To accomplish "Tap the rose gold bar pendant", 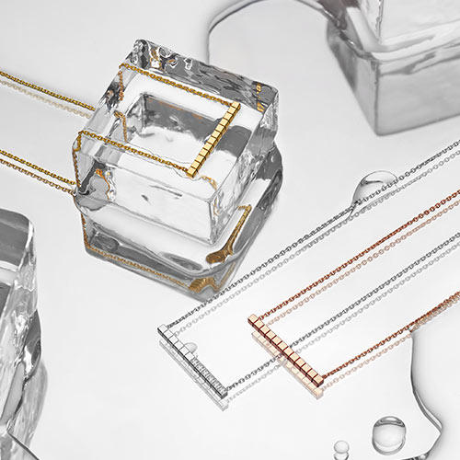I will [285, 353].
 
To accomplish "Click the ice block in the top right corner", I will [396, 46].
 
